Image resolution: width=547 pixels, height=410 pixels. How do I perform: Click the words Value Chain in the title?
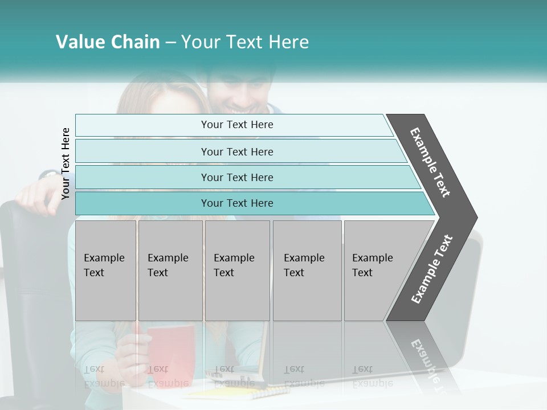point(108,42)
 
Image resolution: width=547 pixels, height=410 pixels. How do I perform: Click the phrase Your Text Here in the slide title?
point(245,42)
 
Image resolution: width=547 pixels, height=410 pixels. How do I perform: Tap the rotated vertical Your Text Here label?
point(66,163)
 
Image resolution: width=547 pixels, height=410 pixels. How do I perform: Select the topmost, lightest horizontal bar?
point(236,125)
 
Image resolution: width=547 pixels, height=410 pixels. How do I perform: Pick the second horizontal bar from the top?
point(236,151)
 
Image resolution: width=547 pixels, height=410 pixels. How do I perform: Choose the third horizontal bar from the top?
point(236,177)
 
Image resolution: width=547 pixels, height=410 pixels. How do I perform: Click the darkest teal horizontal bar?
point(236,203)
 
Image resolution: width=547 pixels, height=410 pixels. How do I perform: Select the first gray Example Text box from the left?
point(105,270)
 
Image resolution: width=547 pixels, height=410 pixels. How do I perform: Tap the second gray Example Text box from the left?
point(170,270)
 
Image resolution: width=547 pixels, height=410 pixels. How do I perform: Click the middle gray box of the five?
point(237,270)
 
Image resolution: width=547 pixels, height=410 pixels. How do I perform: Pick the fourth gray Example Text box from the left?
point(307,270)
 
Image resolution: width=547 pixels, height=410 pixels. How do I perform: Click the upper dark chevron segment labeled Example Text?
point(431,162)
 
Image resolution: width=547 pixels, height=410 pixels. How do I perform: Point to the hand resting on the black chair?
point(37,196)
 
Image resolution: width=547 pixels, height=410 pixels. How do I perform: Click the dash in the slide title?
point(170,43)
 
